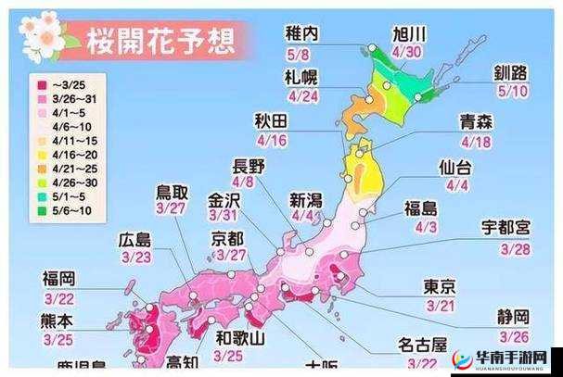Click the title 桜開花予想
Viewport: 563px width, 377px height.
[x=159, y=41]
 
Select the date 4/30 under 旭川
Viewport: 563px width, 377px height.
[x=408, y=53]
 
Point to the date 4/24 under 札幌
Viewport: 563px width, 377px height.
[x=301, y=94]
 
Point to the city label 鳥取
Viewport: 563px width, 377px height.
[x=172, y=193]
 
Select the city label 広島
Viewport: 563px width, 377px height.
[x=136, y=239]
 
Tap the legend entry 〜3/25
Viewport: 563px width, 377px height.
[x=60, y=83]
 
